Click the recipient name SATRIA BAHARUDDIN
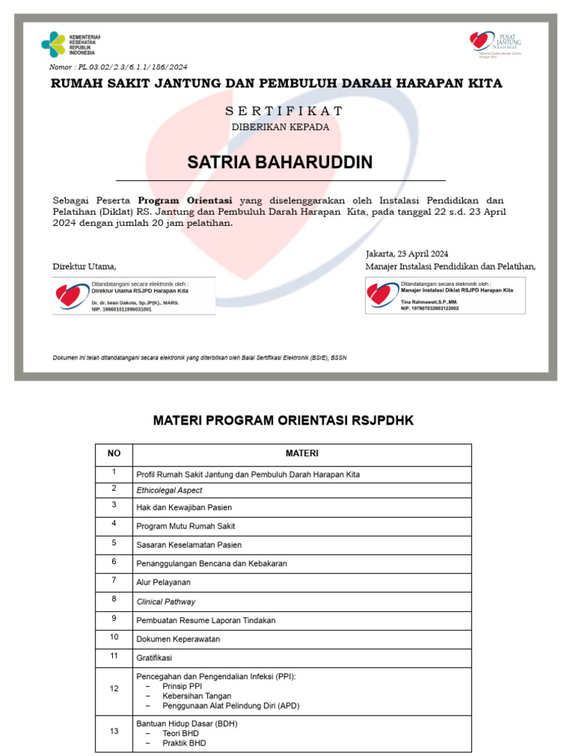point(280,162)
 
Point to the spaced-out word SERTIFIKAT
point(283,111)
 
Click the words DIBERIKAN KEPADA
point(281,126)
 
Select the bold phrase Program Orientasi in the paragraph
point(185,200)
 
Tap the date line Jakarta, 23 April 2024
point(407,253)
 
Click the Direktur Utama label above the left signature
point(84,266)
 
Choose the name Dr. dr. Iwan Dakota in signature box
point(134,303)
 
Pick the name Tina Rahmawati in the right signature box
point(429,303)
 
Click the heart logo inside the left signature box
point(71,295)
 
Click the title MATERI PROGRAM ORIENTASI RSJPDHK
point(283,420)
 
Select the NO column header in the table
point(114,453)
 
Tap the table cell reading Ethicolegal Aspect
point(169,490)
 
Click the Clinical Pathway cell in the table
point(166,602)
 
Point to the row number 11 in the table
point(114,656)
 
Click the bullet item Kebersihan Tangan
point(196,695)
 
